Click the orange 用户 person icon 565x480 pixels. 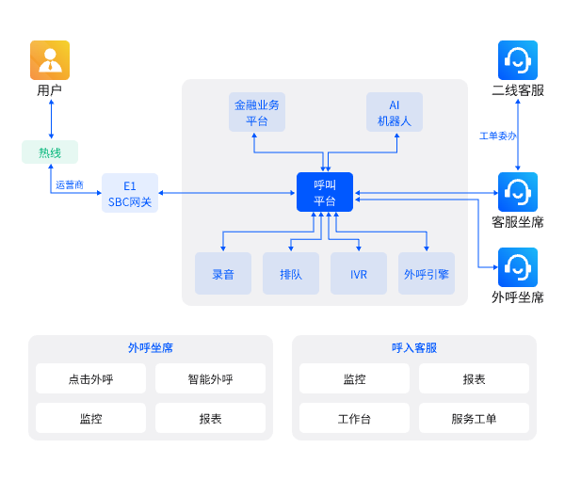tap(50, 60)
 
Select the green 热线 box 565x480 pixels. tap(50, 152)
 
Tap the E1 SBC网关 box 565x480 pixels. tap(130, 193)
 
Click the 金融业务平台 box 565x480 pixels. tap(257, 112)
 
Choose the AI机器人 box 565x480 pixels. tap(395, 112)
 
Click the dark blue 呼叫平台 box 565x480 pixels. tap(325, 193)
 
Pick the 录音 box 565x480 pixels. tap(223, 274)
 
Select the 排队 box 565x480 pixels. tap(291, 274)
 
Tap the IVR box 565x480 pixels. tap(359, 274)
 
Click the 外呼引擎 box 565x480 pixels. tap(427, 274)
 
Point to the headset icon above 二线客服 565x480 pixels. tap(518, 60)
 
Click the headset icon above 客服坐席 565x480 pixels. tap(518, 192)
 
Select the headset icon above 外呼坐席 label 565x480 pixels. tap(518, 267)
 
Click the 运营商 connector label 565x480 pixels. tap(70, 184)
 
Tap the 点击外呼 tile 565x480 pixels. tap(91, 379)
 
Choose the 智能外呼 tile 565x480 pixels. tap(210, 379)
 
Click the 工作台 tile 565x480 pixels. tap(355, 419)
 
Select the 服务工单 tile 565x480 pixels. tap(474, 419)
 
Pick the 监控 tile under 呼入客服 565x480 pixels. tap(355, 379)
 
